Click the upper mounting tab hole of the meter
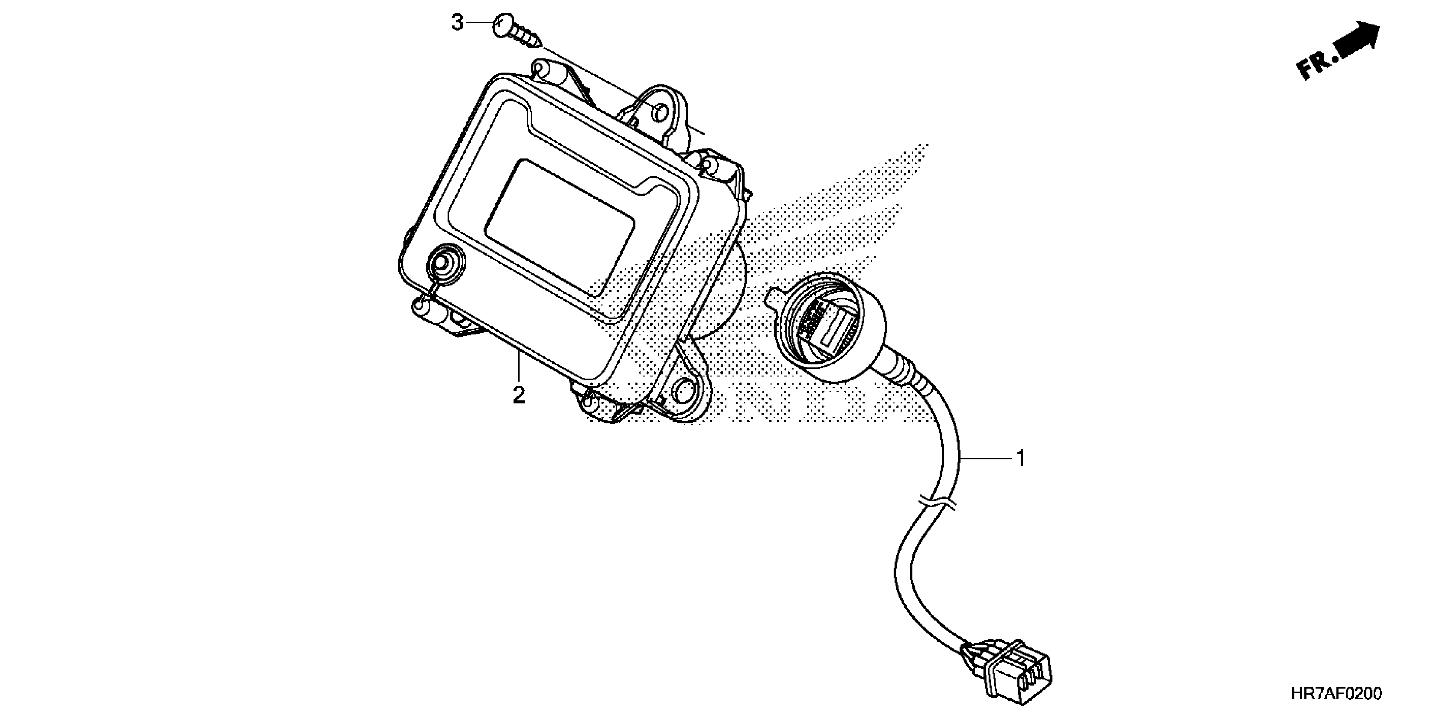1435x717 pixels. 658,113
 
